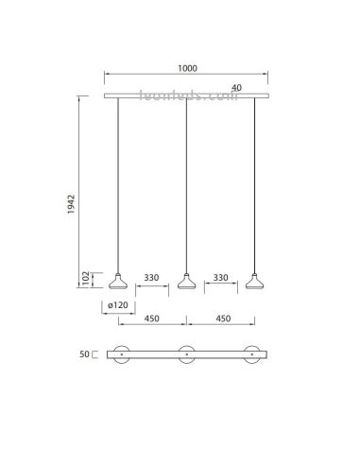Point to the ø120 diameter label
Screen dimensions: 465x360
[118, 306]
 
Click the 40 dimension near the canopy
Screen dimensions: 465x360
[236, 87]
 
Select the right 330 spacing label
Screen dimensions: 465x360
[220, 278]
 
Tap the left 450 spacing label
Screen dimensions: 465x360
[152, 320]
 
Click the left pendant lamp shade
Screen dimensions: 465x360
[119, 282]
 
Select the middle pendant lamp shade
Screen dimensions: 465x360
[186, 282]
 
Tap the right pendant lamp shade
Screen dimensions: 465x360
[253, 282]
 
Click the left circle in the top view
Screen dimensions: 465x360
[119, 355]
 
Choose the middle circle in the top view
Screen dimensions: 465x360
[186, 355]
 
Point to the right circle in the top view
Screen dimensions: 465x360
[253, 355]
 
